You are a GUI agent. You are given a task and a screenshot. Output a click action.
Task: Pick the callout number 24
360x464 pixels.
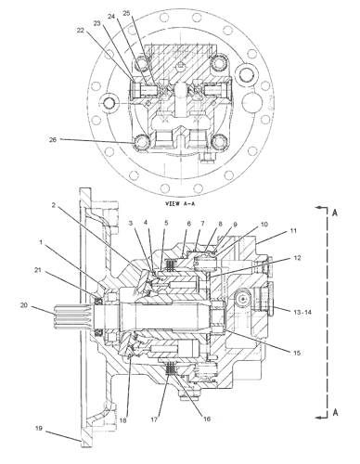[111, 17]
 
